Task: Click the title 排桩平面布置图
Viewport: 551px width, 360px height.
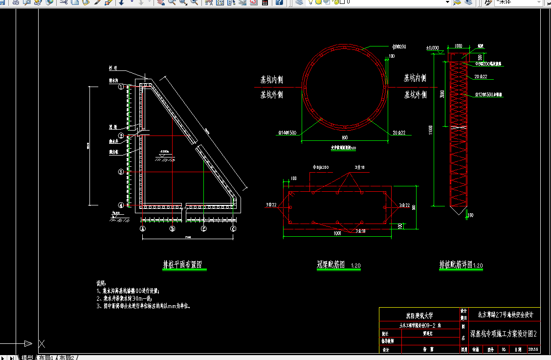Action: [182, 265]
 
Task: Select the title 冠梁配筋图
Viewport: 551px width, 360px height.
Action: [331, 265]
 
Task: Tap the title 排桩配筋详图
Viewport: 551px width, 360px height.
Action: [456, 265]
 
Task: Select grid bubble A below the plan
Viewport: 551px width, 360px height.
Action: [143, 228]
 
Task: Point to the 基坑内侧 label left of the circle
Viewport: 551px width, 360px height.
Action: [271, 79]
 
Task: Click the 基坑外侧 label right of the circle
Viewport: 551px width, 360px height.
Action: [415, 94]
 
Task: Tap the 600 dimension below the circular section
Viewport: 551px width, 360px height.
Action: [345, 138]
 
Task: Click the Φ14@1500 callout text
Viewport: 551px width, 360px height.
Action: [287, 133]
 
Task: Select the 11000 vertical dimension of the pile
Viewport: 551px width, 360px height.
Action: [431, 130]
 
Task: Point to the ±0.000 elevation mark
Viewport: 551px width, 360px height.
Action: [433, 48]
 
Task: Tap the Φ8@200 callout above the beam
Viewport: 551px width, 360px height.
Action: [320, 167]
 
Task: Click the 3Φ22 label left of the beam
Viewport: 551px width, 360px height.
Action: [272, 204]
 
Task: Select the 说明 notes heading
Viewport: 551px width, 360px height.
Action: [101, 283]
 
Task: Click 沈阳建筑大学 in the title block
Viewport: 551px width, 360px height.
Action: [419, 315]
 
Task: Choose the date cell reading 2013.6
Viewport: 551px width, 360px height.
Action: [532, 349]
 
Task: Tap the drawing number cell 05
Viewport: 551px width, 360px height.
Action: [504, 349]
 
